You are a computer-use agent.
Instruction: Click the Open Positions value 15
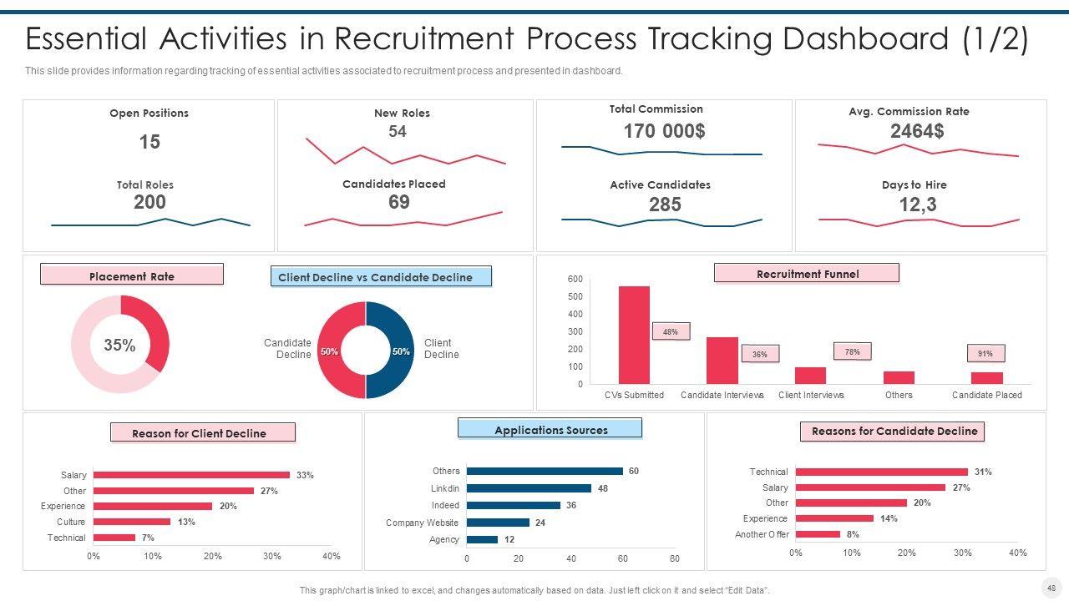pos(149,142)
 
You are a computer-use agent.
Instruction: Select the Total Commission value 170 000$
pos(664,131)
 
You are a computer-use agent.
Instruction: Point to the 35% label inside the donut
pos(119,345)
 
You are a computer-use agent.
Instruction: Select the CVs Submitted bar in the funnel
pos(634,335)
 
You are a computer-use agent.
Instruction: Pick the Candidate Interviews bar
pos(722,361)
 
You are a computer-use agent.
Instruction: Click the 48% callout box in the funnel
pos(670,331)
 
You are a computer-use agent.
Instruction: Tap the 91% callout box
pos(985,353)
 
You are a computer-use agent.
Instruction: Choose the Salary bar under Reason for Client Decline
pos(191,475)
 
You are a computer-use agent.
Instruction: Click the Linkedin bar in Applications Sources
pos(529,488)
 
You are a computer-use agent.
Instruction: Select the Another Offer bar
pos(818,534)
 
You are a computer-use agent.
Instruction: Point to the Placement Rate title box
pos(132,275)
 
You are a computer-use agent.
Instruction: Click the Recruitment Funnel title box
pos(807,273)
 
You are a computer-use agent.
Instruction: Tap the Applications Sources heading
pos(550,429)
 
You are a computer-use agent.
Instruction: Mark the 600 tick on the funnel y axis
pos(575,279)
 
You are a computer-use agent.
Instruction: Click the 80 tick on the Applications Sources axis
pos(675,558)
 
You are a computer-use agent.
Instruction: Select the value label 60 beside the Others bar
pos(634,471)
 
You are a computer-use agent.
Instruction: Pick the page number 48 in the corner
pos(1051,588)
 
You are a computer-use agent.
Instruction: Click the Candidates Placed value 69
pos(399,202)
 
